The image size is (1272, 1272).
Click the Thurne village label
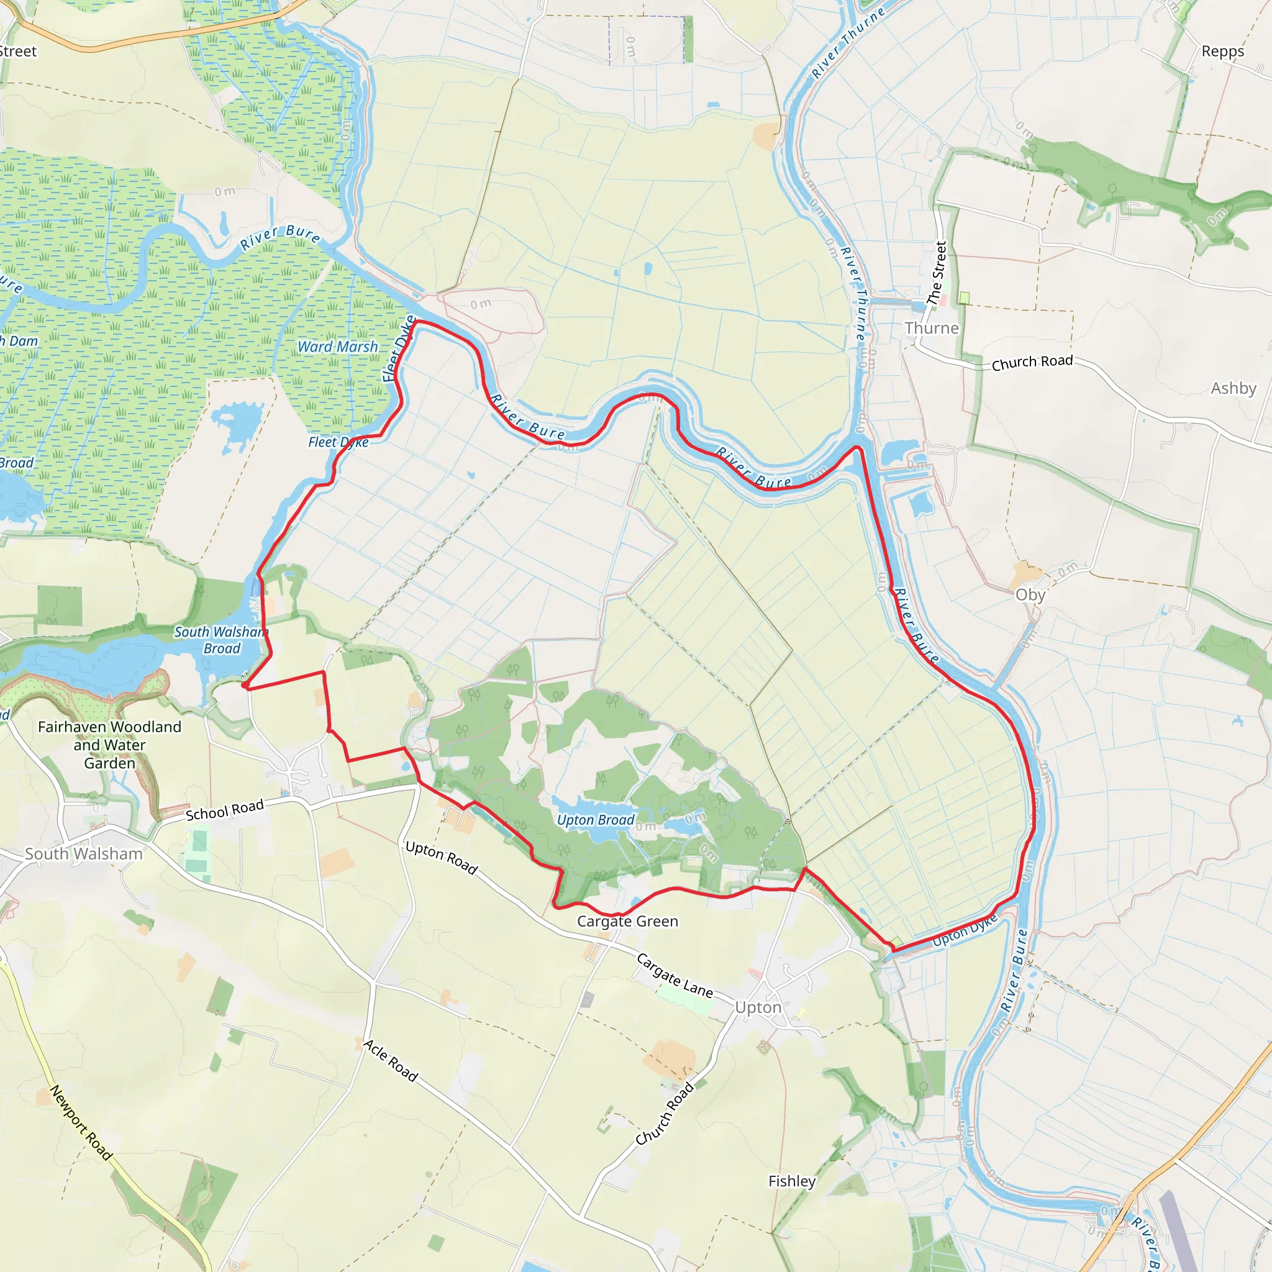click(931, 328)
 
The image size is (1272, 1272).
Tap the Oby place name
click(1030, 594)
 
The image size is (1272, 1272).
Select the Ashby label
click(1233, 388)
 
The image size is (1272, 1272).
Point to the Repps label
click(1222, 52)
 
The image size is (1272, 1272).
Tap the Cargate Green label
click(627, 921)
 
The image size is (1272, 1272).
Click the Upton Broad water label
click(595, 820)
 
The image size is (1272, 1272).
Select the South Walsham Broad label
click(221, 640)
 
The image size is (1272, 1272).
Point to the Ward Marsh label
click(338, 347)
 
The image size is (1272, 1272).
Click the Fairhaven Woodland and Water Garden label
click(109, 745)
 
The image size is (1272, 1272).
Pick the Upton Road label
click(441, 857)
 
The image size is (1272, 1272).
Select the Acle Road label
click(391, 1061)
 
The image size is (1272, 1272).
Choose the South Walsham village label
click(84, 853)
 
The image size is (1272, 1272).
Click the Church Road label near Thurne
click(1032, 362)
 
